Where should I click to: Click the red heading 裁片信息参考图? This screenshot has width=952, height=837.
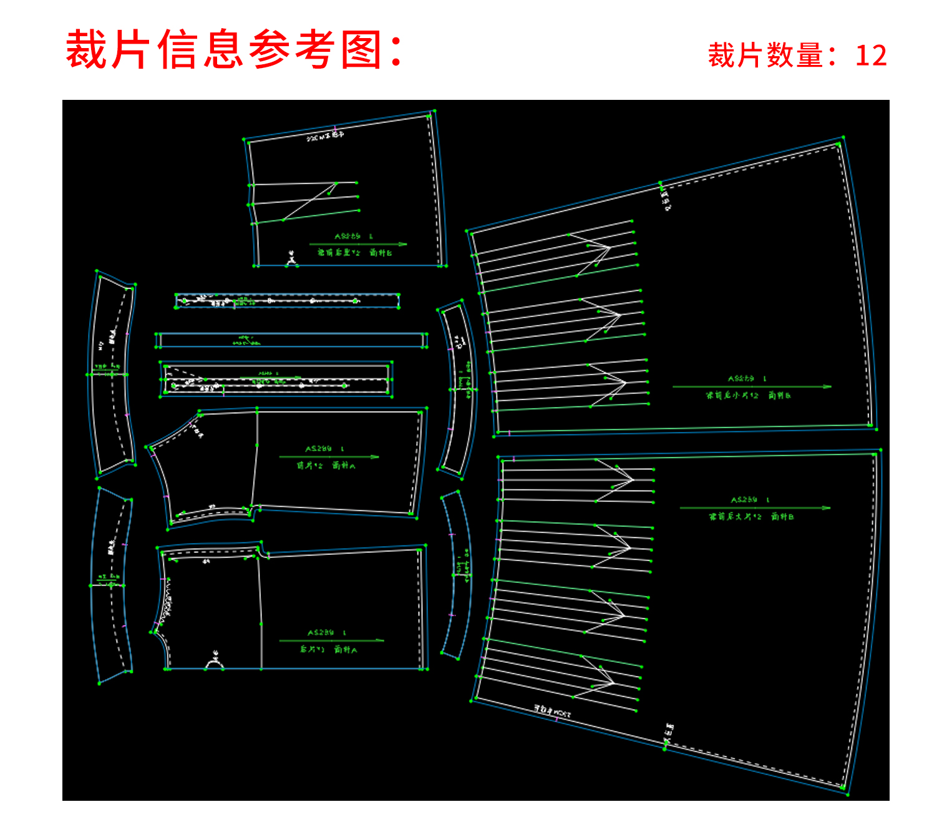tap(234, 50)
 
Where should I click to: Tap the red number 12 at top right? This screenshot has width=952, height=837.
tap(871, 56)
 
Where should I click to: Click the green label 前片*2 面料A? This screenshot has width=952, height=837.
tap(326, 466)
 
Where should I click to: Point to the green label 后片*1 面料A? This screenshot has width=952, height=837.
tap(328, 650)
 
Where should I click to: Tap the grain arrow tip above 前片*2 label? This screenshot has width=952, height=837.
tap(376, 457)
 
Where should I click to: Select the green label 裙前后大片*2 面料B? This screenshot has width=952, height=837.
tap(751, 517)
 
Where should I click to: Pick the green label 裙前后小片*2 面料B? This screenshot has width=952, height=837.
tap(749, 396)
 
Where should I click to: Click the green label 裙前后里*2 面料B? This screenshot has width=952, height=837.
tap(354, 253)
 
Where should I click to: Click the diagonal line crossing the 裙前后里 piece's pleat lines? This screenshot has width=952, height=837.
tap(309, 201)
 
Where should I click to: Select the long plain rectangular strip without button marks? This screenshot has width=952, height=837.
tap(291, 340)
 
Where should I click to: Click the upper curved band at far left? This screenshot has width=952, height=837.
tap(112, 374)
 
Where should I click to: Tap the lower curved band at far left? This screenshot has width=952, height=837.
tap(111, 585)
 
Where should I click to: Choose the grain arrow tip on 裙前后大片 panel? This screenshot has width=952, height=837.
tap(828, 508)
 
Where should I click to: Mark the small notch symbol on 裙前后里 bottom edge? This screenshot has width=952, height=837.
tap(291, 261)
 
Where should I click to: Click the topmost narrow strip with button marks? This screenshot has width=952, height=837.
tap(287, 301)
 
